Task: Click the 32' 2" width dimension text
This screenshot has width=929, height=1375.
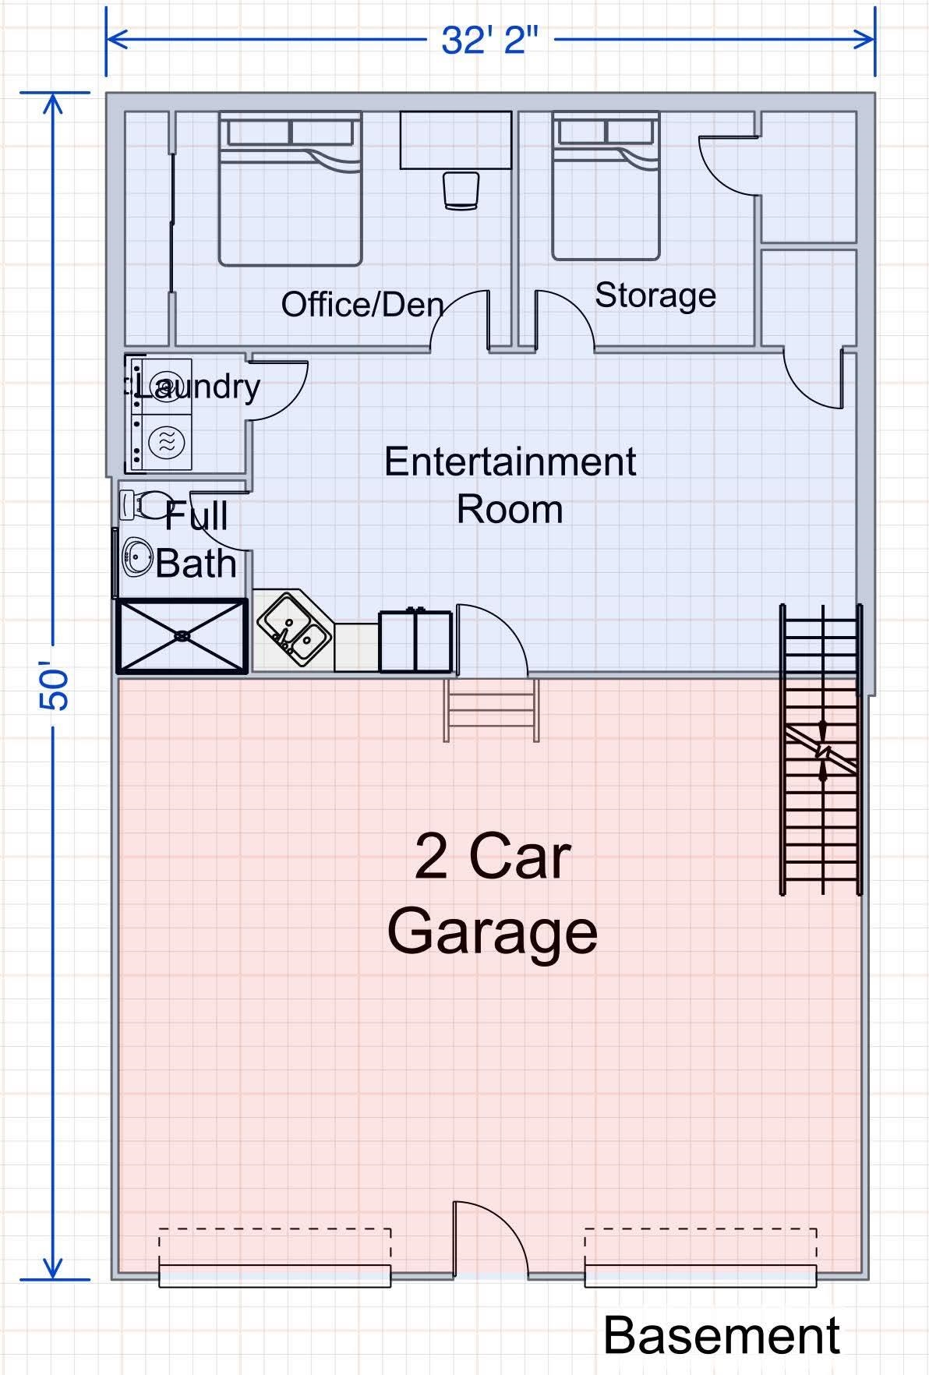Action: [489, 39]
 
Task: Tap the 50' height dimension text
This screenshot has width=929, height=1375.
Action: [55, 687]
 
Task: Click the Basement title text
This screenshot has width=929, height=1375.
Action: [721, 1335]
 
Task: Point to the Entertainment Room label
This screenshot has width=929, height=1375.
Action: [510, 485]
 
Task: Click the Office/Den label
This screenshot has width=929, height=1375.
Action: [362, 305]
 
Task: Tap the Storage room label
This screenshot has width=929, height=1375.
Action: [655, 295]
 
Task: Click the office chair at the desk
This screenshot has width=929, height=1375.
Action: [460, 190]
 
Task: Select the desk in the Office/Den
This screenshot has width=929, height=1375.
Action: [455, 140]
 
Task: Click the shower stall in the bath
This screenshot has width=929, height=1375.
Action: [182, 635]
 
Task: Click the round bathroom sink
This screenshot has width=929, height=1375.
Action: [137, 557]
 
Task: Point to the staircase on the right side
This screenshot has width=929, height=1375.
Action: [821, 748]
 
